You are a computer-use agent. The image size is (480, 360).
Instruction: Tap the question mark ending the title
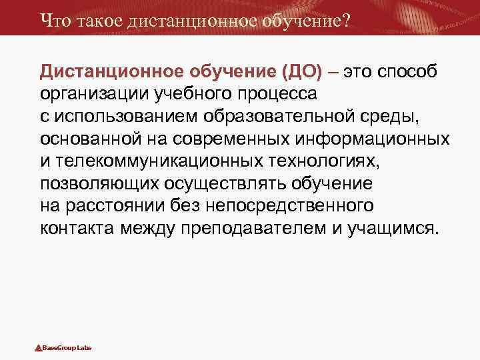(345, 21)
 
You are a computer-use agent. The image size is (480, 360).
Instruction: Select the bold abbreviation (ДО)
(303, 71)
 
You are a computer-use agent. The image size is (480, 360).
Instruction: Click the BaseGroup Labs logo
(63, 348)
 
